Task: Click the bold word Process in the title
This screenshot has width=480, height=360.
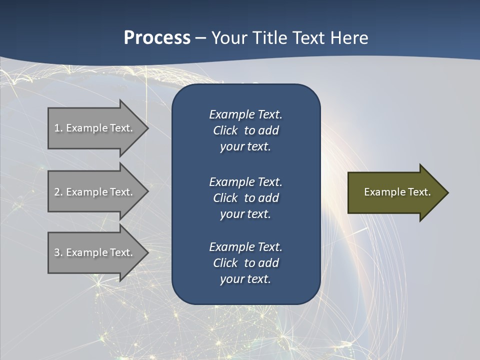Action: coord(157,38)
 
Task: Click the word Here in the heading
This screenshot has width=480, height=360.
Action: coord(349,38)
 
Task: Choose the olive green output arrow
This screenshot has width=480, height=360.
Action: coord(395,192)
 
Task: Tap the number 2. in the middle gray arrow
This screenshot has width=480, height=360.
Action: coord(58,192)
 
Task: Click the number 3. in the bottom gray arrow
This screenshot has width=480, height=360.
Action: coord(58,252)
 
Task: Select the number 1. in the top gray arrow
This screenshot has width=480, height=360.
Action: coord(58,128)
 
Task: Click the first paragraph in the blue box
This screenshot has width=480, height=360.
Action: coord(245,130)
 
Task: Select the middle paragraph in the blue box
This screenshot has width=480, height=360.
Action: coord(245,198)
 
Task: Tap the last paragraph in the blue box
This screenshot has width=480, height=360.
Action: coord(245,263)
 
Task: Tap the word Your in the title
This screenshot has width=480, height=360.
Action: coord(228,38)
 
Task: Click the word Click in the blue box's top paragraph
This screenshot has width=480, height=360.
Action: coord(225,131)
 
